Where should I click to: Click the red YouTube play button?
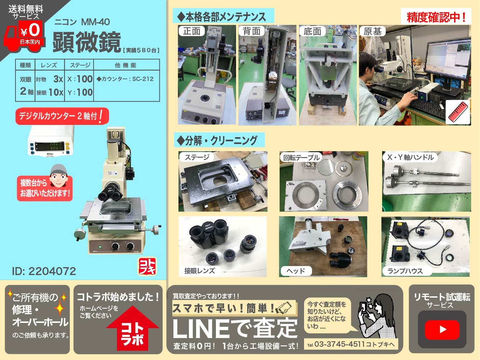pos(442,330)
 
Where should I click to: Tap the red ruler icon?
pos(457,113)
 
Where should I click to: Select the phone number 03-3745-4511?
pos(339,344)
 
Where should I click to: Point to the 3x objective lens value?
pos(58,79)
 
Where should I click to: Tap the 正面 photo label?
pos(191,31)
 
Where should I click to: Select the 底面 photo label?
pos(312,31)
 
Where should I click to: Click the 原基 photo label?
pos(372,31)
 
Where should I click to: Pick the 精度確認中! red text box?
pos(436,17)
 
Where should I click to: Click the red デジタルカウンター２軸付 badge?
pos(62,116)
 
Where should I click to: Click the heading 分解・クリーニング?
pos(219,140)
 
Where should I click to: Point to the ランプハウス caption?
pos(405,271)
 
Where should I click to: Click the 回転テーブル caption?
pos(301,157)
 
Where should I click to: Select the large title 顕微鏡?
pos(87,42)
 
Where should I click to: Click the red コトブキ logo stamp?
pos(147,266)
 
